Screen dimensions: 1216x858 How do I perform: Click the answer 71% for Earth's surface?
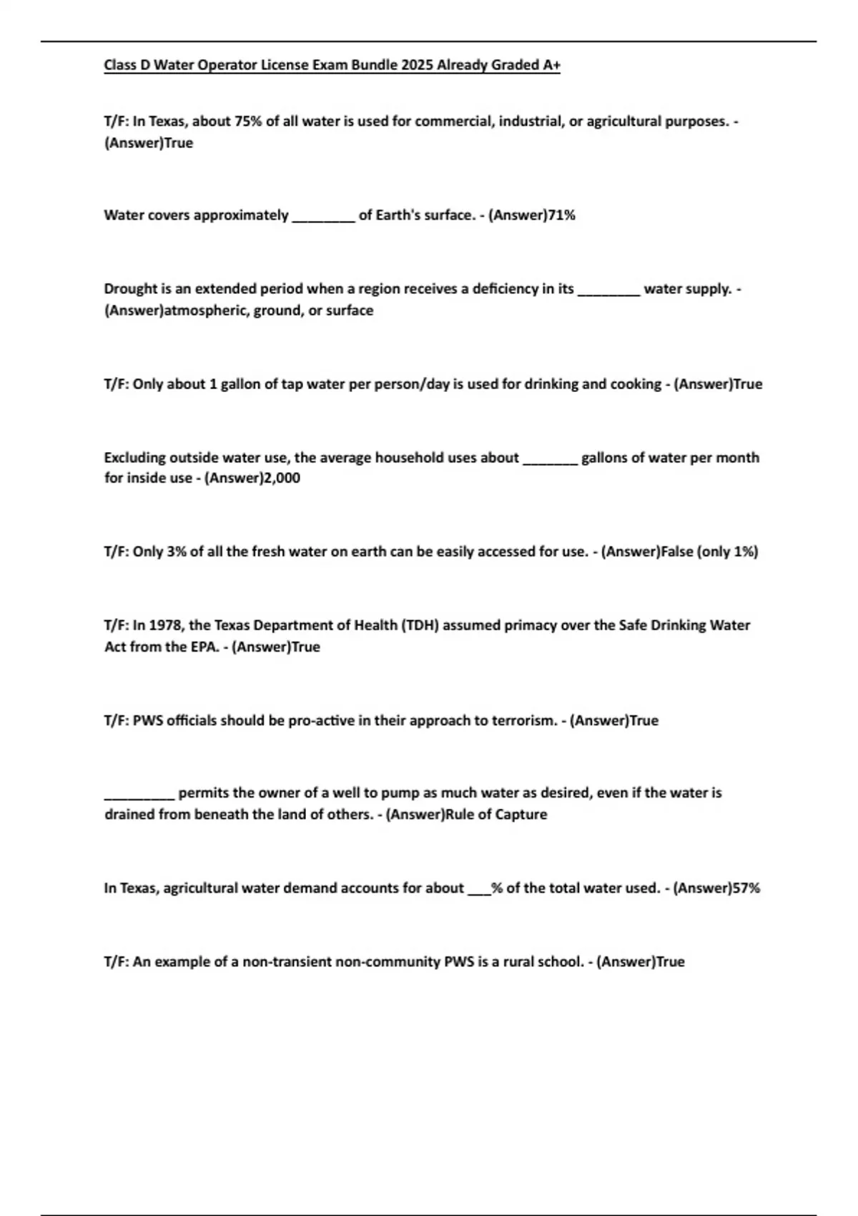[561, 215]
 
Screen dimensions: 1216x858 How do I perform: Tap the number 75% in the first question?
[248, 122]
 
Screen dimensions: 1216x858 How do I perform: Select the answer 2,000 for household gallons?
[282, 478]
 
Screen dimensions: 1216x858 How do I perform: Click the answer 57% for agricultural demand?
[746, 888]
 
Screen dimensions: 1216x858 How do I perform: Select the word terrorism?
[523, 720]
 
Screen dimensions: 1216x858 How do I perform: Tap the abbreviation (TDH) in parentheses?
[420, 625]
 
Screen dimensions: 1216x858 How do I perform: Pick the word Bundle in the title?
[374, 65]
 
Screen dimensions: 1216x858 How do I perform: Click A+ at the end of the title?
[551, 65]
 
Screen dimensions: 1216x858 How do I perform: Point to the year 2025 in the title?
[417, 65]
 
